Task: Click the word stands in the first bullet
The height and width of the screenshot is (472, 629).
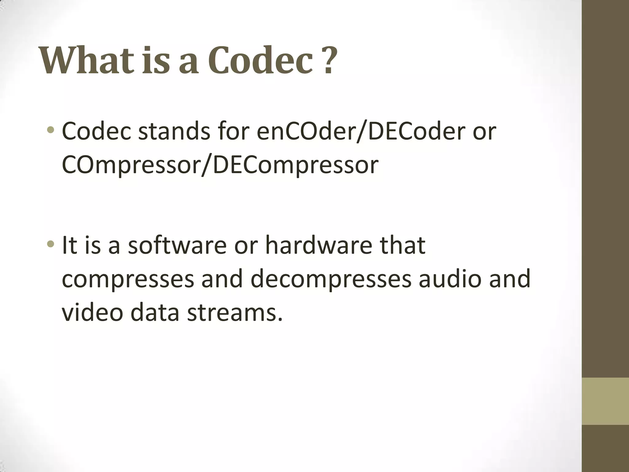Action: pyautogui.click(x=174, y=131)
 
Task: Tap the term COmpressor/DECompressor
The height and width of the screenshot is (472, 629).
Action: pyautogui.click(x=220, y=165)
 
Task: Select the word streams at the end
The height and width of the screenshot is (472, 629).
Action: pyautogui.click(x=234, y=313)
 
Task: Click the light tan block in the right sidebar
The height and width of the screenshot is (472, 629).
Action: pyautogui.click(x=605, y=401)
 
